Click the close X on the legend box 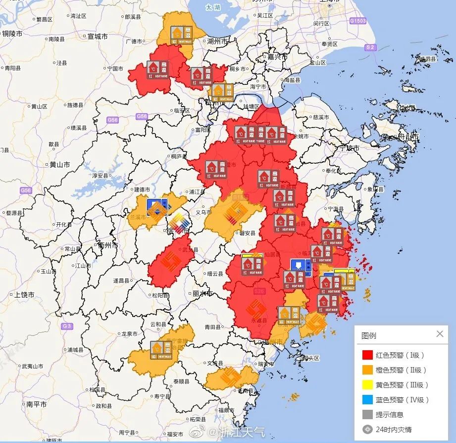pos(440,334)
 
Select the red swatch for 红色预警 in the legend pos(367,355)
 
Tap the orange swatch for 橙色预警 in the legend pos(367,370)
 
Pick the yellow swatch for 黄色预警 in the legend pos(367,385)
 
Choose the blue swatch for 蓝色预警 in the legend pos(367,400)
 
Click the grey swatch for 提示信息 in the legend pos(367,415)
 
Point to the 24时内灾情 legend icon pos(367,430)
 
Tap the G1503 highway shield pos(357,21)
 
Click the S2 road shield pos(370,47)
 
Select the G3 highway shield pos(67,326)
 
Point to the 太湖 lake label pos(213,7)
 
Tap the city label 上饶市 pos(24,295)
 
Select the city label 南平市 pos(36,404)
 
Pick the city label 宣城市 pos(97,36)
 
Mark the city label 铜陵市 pos(13,34)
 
